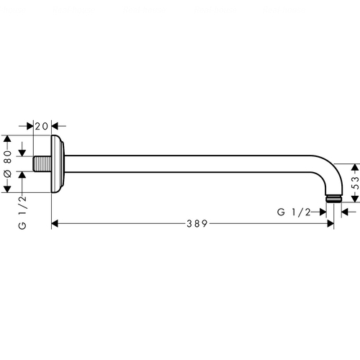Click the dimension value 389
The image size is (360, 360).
click(x=197, y=224)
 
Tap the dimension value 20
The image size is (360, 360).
click(x=42, y=126)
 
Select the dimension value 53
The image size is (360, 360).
click(x=356, y=183)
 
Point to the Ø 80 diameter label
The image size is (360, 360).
click(x=8, y=163)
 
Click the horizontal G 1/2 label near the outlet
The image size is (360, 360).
click(x=294, y=212)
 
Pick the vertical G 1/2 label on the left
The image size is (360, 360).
click(x=22, y=212)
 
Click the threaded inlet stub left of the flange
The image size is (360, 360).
click(x=42, y=164)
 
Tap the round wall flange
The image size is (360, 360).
click(x=58, y=164)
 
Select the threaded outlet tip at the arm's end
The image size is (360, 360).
click(x=334, y=199)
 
